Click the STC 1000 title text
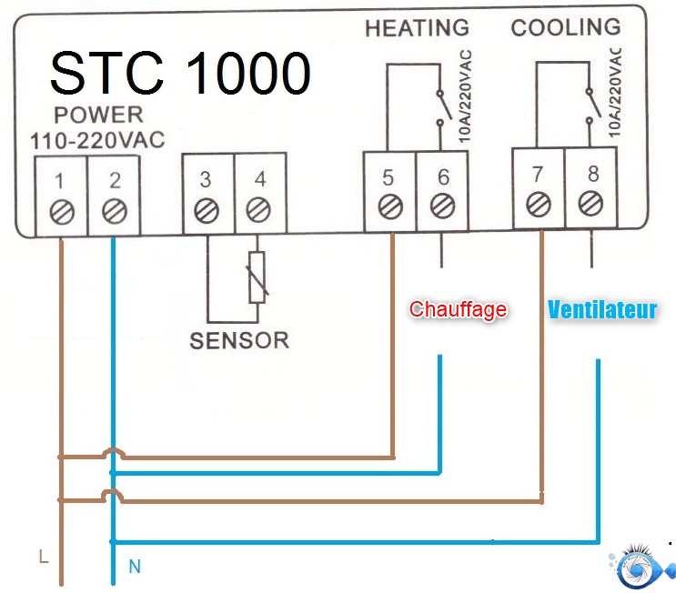point(179,73)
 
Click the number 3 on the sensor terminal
point(207,179)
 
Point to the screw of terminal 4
point(259,211)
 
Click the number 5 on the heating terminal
point(389,175)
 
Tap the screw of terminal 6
point(442,205)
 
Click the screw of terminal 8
point(592,201)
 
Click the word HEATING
point(417,28)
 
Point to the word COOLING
point(565,27)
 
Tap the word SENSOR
point(238,341)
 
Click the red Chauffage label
point(458,309)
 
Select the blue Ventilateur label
point(601,310)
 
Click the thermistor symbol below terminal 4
point(259,276)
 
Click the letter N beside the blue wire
point(135,567)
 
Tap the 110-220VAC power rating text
point(86,142)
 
